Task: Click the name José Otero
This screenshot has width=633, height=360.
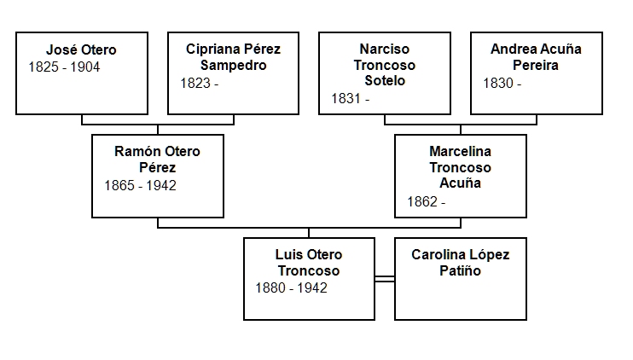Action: point(81,49)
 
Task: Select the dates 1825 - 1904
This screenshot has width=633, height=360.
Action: point(64,67)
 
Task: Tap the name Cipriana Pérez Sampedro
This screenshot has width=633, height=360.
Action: point(233,57)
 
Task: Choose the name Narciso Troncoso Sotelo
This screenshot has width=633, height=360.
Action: point(384,65)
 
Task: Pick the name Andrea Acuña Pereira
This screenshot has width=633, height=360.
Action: point(536,57)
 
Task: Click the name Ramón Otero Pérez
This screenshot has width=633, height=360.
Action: point(158,160)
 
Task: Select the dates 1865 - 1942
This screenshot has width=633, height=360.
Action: point(140,185)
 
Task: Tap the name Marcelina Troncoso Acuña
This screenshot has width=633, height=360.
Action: point(461,166)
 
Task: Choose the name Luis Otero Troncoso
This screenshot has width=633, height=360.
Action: point(309,263)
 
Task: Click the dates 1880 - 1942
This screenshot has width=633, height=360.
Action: point(291,288)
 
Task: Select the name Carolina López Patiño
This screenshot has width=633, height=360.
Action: point(460,263)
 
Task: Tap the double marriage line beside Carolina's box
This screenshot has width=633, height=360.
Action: point(384,278)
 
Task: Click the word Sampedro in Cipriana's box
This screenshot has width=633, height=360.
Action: point(233,66)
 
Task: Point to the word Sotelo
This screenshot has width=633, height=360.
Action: point(384,81)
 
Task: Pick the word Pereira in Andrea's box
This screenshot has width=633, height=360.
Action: point(536,66)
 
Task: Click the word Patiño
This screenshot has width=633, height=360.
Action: point(460,271)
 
